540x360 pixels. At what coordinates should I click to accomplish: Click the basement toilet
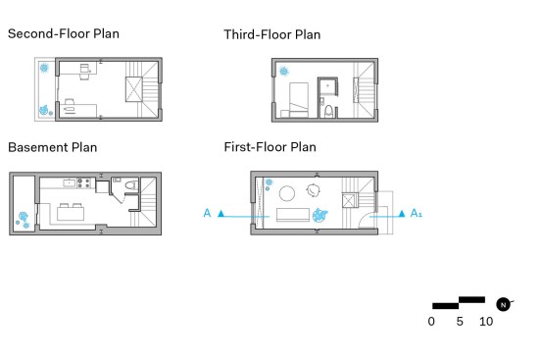click(131, 185)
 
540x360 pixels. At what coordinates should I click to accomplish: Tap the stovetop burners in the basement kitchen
click(83, 182)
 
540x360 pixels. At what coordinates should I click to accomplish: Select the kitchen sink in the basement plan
click(70, 182)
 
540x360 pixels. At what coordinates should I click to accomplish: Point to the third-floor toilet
click(329, 111)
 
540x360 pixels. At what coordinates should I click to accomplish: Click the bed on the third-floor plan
click(299, 100)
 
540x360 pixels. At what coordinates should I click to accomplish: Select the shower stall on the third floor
click(327, 87)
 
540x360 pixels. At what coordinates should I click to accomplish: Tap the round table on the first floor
click(287, 193)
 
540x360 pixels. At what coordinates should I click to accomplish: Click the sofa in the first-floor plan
click(293, 215)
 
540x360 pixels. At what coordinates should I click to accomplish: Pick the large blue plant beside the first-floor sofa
click(319, 215)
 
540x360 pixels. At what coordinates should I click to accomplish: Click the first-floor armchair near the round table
click(313, 190)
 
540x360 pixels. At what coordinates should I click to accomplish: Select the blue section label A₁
click(416, 213)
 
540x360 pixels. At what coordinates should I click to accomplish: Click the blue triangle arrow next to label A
click(221, 214)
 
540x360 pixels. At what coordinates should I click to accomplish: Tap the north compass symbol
click(504, 304)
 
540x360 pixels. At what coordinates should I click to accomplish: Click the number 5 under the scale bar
click(460, 322)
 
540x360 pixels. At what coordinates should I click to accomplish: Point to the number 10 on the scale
click(486, 322)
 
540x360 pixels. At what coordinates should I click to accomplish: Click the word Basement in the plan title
click(38, 147)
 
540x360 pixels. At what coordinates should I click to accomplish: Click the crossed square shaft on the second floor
click(133, 89)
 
